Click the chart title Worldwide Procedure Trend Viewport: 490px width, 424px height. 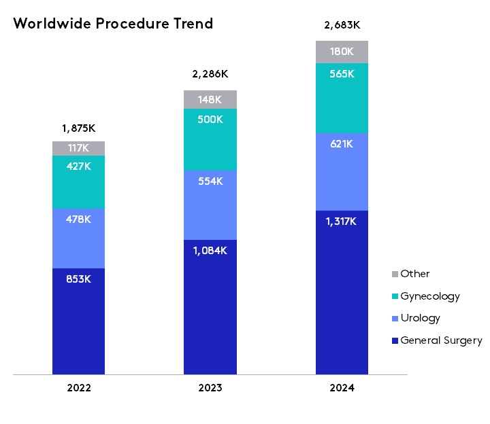pyautogui.click(x=113, y=24)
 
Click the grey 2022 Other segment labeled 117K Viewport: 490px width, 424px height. pyautogui.click(x=78, y=148)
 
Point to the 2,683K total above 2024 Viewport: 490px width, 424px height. pyautogui.click(x=342, y=26)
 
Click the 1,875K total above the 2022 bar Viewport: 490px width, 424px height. pyautogui.click(x=78, y=127)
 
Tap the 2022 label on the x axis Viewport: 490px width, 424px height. pyautogui.click(x=78, y=389)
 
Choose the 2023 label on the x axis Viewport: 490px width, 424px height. pyautogui.click(x=210, y=389)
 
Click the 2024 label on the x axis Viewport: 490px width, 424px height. pyautogui.click(x=342, y=389)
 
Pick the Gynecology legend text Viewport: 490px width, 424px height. pyautogui.click(x=430, y=296)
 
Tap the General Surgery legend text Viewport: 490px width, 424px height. pyautogui.click(x=441, y=340)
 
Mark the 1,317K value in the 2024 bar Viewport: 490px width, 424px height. pyautogui.click(x=342, y=221)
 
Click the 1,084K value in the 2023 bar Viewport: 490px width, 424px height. pyautogui.click(x=210, y=250)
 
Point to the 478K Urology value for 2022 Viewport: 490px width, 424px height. pyautogui.click(x=78, y=219)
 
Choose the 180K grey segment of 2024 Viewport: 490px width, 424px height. pyautogui.click(x=342, y=52)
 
